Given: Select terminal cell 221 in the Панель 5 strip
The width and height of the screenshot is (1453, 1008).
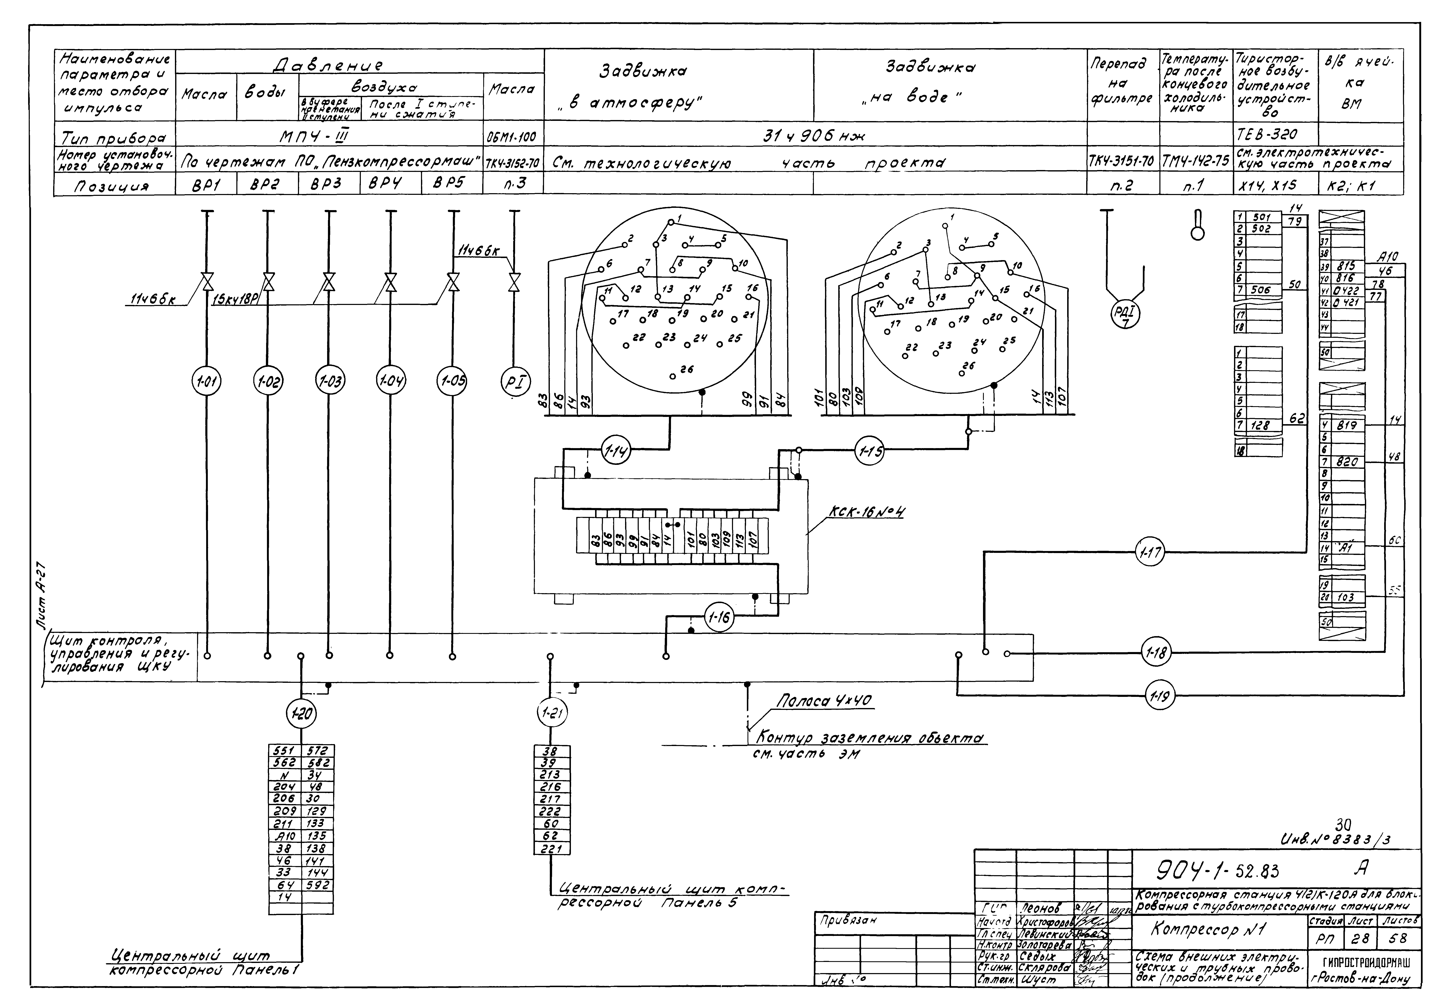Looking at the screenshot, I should coord(551,849).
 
